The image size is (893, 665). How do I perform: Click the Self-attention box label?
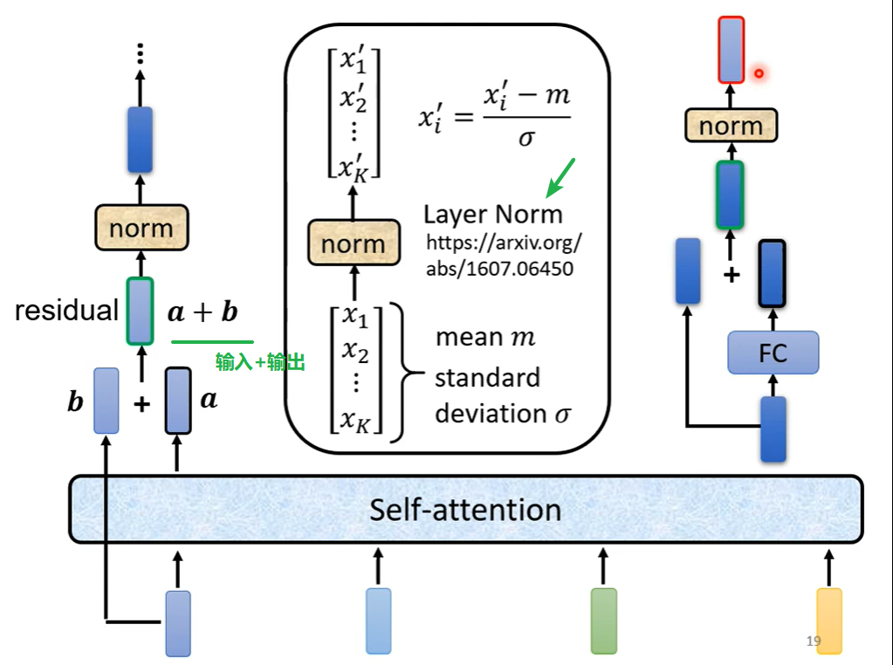click(x=465, y=510)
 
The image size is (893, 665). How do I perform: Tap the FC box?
click(x=773, y=353)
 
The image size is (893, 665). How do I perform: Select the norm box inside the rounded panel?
click(x=354, y=243)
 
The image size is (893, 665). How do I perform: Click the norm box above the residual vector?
click(x=141, y=228)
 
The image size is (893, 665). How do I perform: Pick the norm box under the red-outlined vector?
click(x=731, y=126)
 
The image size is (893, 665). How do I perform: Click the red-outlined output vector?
click(x=731, y=50)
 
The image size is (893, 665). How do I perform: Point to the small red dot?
click(x=759, y=73)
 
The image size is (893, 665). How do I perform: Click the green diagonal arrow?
click(x=560, y=178)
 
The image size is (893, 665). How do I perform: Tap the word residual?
click(x=66, y=311)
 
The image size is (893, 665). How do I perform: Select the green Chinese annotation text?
click(x=260, y=361)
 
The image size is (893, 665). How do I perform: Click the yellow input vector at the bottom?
click(x=829, y=621)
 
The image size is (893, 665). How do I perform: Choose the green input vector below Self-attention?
click(x=604, y=621)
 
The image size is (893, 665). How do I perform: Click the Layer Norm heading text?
click(x=493, y=215)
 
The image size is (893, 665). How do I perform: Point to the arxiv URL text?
click(x=504, y=255)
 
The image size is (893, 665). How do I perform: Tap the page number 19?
click(x=814, y=641)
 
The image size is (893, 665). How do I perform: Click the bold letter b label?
click(x=75, y=401)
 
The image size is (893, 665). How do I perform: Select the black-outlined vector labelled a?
click(x=178, y=401)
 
